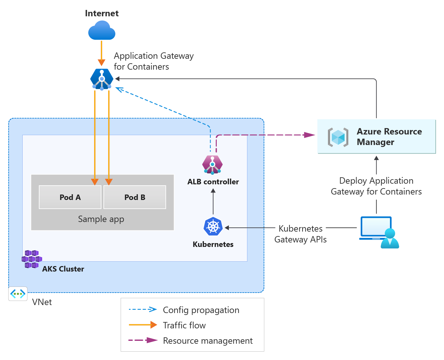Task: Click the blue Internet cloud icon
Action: pyautogui.click(x=102, y=31)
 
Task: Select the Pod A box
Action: pyautogui.click(x=70, y=197)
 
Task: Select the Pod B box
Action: pyautogui.click(x=135, y=197)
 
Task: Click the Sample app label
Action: pyautogui.click(x=101, y=219)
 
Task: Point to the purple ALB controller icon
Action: pyautogui.click(x=212, y=165)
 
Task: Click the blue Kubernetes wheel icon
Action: pyautogui.click(x=213, y=227)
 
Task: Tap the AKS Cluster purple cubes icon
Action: pyautogui.click(x=32, y=259)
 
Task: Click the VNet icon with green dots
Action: pyautogui.click(x=18, y=294)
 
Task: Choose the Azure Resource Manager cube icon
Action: pyautogui.click(x=338, y=137)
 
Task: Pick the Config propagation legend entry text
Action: pyautogui.click(x=201, y=310)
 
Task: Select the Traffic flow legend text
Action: pyautogui.click(x=184, y=325)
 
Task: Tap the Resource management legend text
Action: pyautogui.click(x=207, y=341)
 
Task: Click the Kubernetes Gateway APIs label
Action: pyautogui.click(x=300, y=234)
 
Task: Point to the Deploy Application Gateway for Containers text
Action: pyautogui.click(x=376, y=186)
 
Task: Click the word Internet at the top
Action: pyautogui.click(x=102, y=13)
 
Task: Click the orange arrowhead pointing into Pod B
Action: pyautogui.click(x=109, y=182)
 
